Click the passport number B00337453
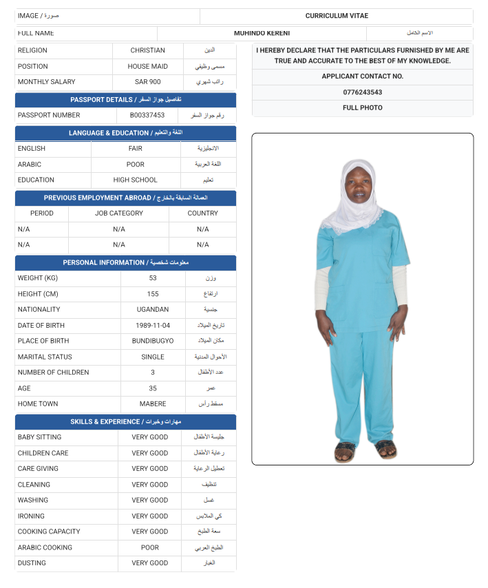147,116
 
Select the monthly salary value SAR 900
147,82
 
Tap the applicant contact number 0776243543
362,92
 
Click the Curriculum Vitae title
337,16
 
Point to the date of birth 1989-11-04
153,326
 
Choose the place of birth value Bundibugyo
153,342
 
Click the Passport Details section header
125,100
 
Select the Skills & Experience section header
125,422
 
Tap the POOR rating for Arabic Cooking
149,548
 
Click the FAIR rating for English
136,149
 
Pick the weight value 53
153,278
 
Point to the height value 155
153,294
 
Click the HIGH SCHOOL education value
136,180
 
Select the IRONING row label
31,516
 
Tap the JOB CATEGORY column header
119,213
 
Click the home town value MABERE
153,404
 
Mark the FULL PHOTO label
362,108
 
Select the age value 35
153,388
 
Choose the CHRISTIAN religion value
147,51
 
